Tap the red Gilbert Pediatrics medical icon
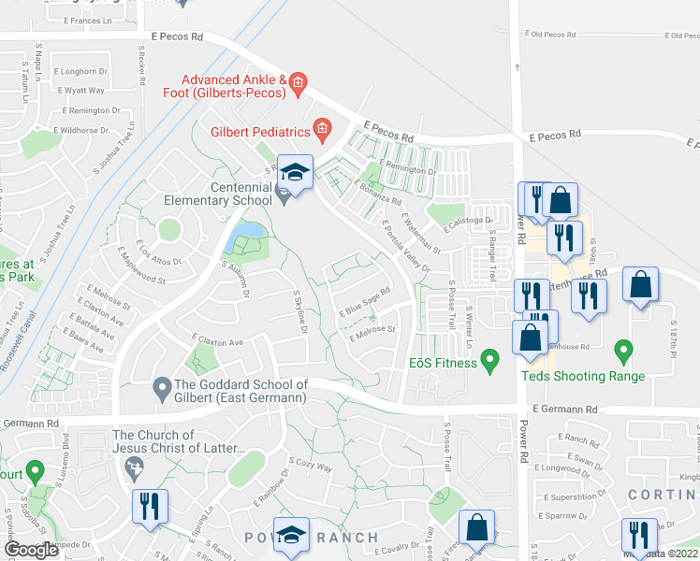point(322,129)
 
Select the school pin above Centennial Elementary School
point(295,173)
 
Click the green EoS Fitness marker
point(488,359)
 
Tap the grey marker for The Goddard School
point(162,385)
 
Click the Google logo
point(31,550)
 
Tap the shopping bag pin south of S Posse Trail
point(476,527)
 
